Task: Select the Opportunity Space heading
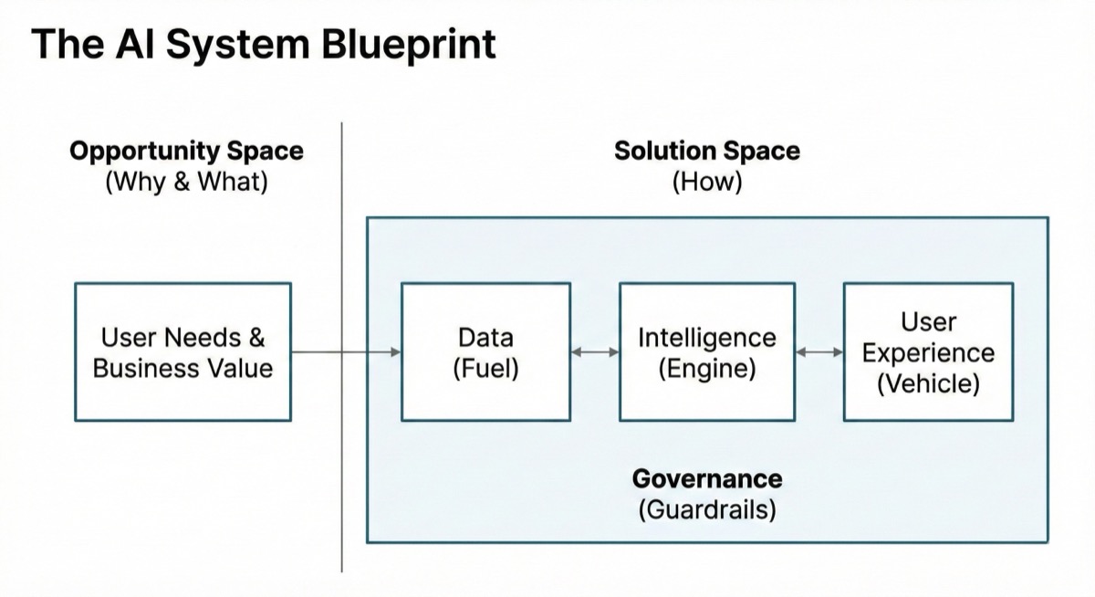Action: (186, 151)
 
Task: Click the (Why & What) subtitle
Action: (186, 182)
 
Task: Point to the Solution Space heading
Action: (706, 151)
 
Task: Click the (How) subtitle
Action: (706, 182)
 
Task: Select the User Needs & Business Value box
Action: (182, 351)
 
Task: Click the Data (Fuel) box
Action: (485, 351)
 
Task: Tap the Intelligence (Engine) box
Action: (706, 351)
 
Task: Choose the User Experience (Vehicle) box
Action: (928, 351)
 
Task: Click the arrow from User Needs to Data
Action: (347, 351)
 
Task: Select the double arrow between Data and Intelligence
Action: (595, 351)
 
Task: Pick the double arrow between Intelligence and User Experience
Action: (819, 351)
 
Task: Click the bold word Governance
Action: (706, 478)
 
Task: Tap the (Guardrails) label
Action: (706, 509)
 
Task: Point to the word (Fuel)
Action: (485, 369)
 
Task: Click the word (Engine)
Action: (706, 369)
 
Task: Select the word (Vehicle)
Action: (928, 384)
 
